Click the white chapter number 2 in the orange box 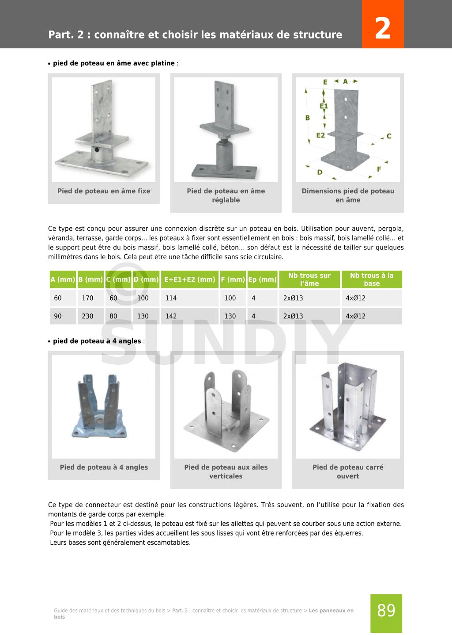(x=382, y=28)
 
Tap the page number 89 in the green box (x=386, y=610)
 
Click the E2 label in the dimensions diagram (x=320, y=135)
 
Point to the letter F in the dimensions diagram (x=379, y=169)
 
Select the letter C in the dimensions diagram (x=389, y=136)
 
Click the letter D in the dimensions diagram (x=320, y=172)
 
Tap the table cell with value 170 (x=87, y=298)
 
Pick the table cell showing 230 (x=87, y=316)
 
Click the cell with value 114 (x=171, y=298)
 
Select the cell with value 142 (x=171, y=316)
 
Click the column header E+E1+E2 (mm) (x=190, y=279)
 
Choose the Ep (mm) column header (x=262, y=279)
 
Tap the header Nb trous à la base (x=372, y=279)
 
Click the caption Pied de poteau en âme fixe (x=104, y=191)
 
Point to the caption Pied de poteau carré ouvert (x=348, y=471)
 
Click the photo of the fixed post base (x=104, y=130)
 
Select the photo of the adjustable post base (x=226, y=130)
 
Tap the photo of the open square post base (x=348, y=407)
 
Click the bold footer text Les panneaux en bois (x=331, y=611)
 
